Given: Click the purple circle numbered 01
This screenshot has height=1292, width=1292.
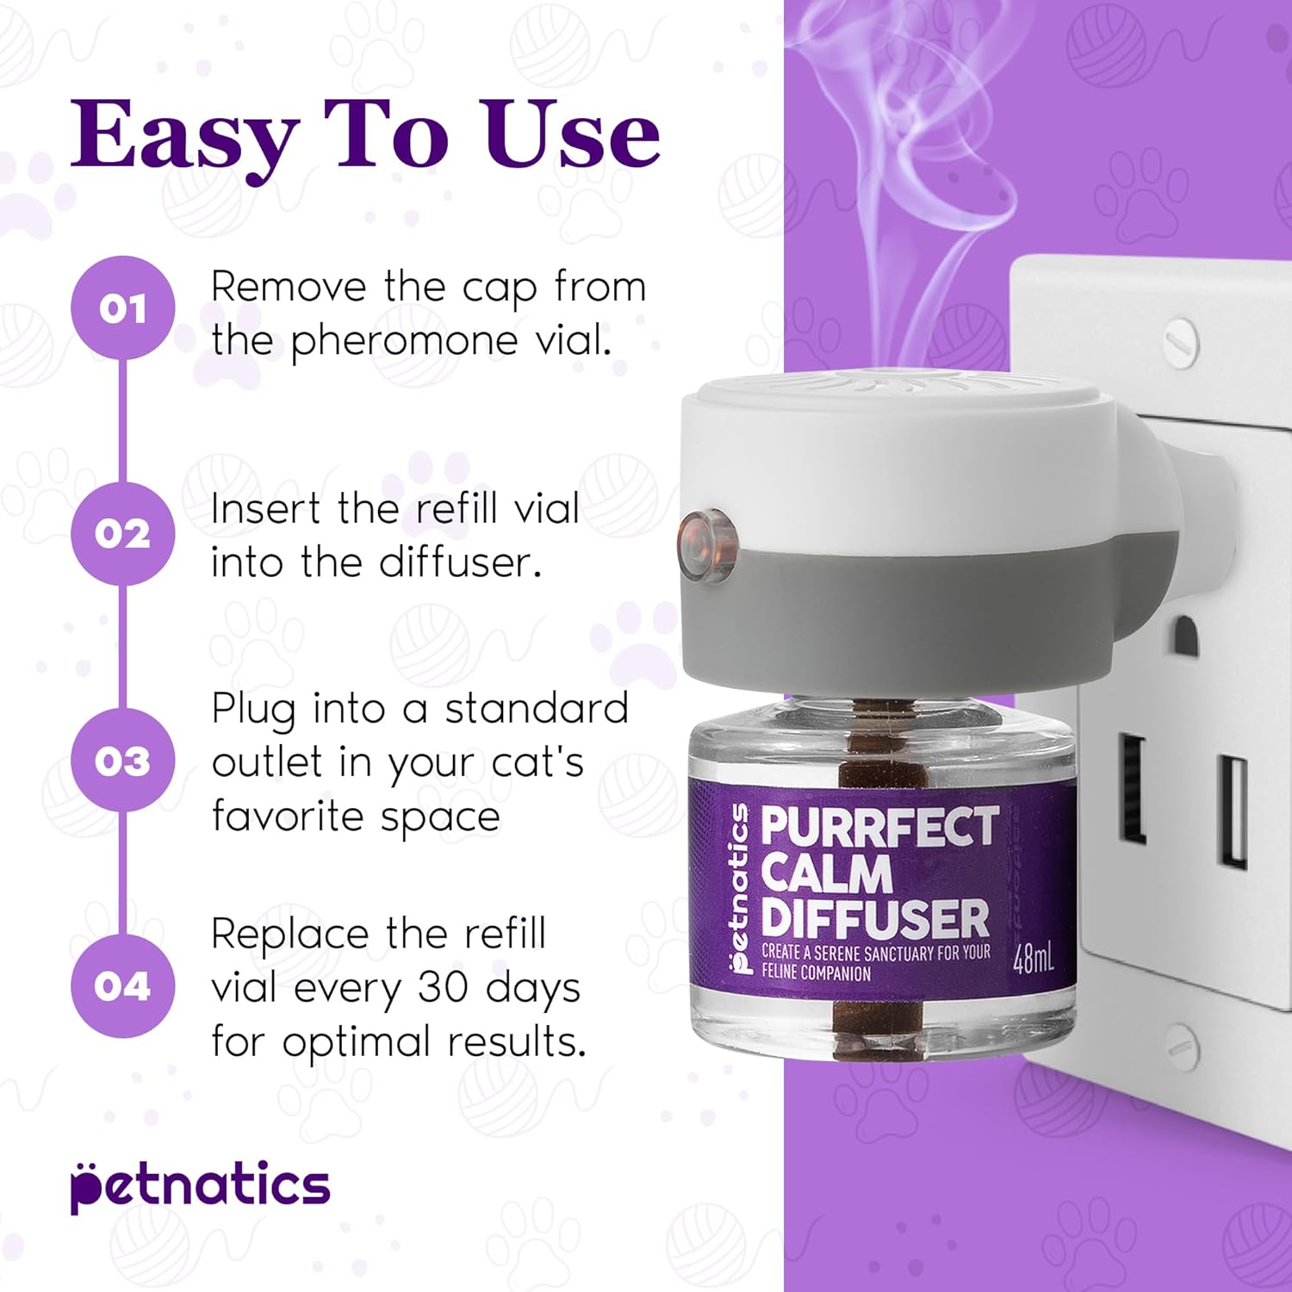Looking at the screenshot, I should point(122,307).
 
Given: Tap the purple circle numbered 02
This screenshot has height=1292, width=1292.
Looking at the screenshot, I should point(122,533).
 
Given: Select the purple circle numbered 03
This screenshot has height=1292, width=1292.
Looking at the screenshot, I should point(122,760).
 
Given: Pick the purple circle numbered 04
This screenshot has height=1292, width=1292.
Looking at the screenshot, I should point(122,985).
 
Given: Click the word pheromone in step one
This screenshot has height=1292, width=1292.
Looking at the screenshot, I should point(405,342).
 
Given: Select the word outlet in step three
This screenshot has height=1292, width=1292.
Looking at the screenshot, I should point(267,762).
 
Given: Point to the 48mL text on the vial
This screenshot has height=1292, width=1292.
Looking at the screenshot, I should point(1033,958).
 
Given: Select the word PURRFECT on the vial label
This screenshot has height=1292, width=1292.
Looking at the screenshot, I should point(879,826).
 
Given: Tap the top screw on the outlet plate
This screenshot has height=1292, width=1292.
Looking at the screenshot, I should point(1179,340).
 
